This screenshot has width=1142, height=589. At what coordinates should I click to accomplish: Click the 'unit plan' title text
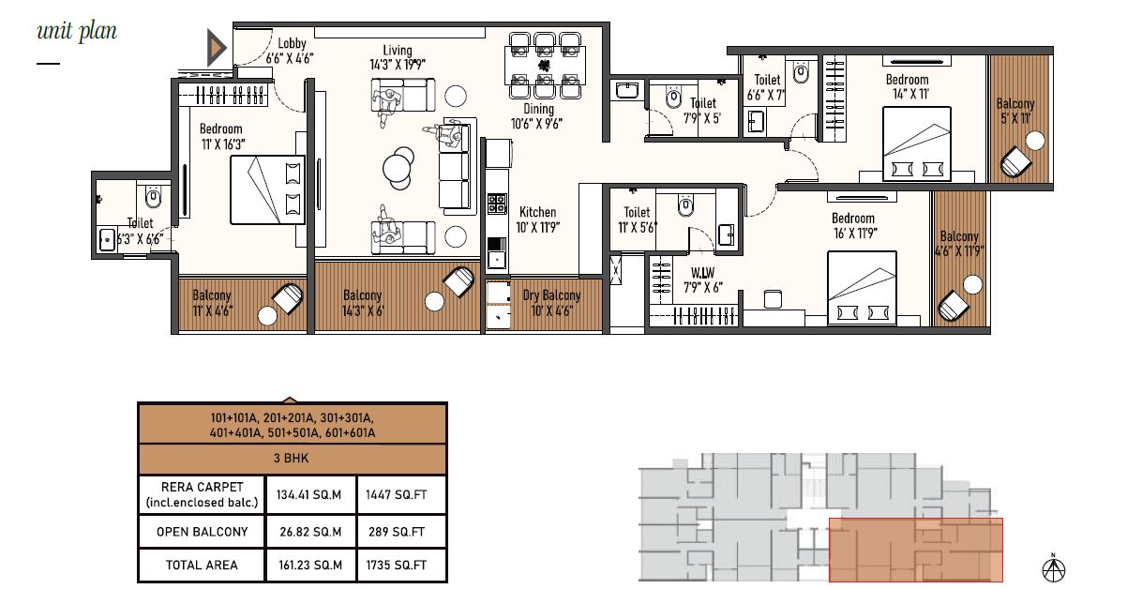tap(77, 32)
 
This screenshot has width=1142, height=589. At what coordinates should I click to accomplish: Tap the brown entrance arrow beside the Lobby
tap(216, 48)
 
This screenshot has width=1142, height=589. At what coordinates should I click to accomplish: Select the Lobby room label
tap(292, 43)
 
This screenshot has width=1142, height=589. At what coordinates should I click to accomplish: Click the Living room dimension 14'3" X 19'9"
tap(398, 65)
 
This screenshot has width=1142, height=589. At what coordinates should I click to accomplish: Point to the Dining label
tap(538, 109)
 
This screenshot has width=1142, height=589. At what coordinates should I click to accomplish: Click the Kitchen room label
tap(537, 212)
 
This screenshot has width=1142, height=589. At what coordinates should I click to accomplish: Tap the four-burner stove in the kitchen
tap(497, 204)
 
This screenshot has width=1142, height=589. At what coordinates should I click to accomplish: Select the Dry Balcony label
tap(551, 295)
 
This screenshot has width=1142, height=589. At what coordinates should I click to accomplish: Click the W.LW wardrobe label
tap(702, 273)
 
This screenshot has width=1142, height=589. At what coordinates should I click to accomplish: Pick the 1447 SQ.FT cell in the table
tap(396, 494)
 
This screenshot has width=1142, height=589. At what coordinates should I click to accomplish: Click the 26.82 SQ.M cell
tap(310, 532)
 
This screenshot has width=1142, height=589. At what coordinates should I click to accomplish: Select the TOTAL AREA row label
tap(202, 565)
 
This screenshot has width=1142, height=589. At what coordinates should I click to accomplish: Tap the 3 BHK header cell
tap(291, 459)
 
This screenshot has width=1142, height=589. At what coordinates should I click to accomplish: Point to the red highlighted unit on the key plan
tap(916, 550)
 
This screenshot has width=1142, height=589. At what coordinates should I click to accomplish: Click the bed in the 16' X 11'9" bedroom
tap(862, 287)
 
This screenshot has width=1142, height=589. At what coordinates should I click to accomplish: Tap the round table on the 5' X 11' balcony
tap(1035, 141)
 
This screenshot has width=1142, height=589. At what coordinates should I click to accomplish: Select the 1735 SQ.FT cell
tap(396, 565)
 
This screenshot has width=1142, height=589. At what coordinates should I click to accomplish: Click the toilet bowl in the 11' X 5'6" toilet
tap(685, 205)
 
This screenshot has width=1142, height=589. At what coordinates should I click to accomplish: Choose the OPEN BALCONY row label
tap(202, 532)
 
